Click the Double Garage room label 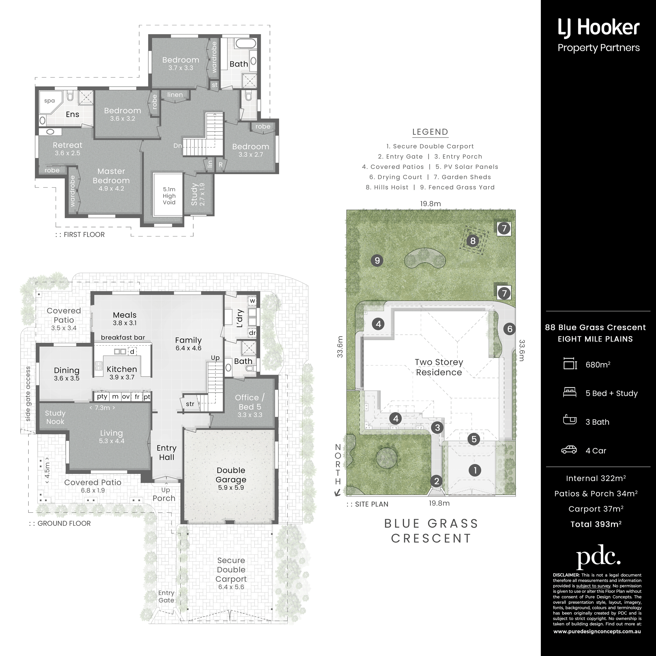231,475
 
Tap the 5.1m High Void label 169,196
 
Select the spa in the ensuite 50,102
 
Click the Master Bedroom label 111,176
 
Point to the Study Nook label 55,417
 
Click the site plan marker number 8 473,241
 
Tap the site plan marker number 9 377,261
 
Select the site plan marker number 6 509,329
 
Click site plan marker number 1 475,470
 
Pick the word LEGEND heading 430,132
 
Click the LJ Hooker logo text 599,28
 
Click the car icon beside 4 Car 569,450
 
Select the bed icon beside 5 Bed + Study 569,392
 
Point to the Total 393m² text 596,524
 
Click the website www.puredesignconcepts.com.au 597,631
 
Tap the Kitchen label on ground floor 122,369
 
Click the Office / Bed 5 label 250,402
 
